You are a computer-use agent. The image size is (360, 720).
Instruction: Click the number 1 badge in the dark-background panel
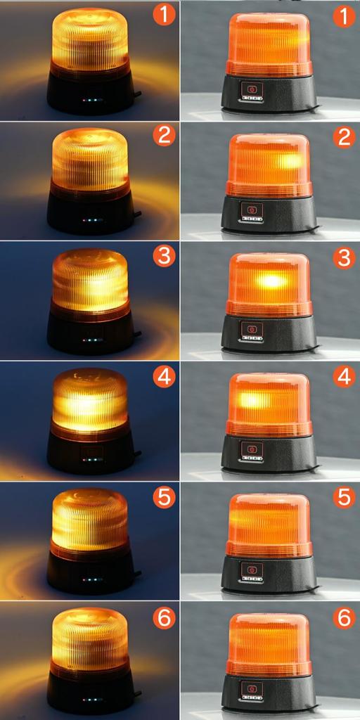pos(163,15)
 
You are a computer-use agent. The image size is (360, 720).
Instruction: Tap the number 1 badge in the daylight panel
pos(343,15)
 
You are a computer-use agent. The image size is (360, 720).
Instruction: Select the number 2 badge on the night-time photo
pos(163,135)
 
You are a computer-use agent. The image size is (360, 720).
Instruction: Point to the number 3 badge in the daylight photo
pos(343,257)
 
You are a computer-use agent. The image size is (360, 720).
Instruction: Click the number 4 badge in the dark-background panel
pos(163,377)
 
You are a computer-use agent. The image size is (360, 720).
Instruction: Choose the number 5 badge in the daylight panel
pos(343,497)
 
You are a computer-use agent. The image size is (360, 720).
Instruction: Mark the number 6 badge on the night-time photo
pos(163,618)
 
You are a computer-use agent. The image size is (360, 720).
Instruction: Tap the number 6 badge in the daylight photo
pos(343,618)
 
